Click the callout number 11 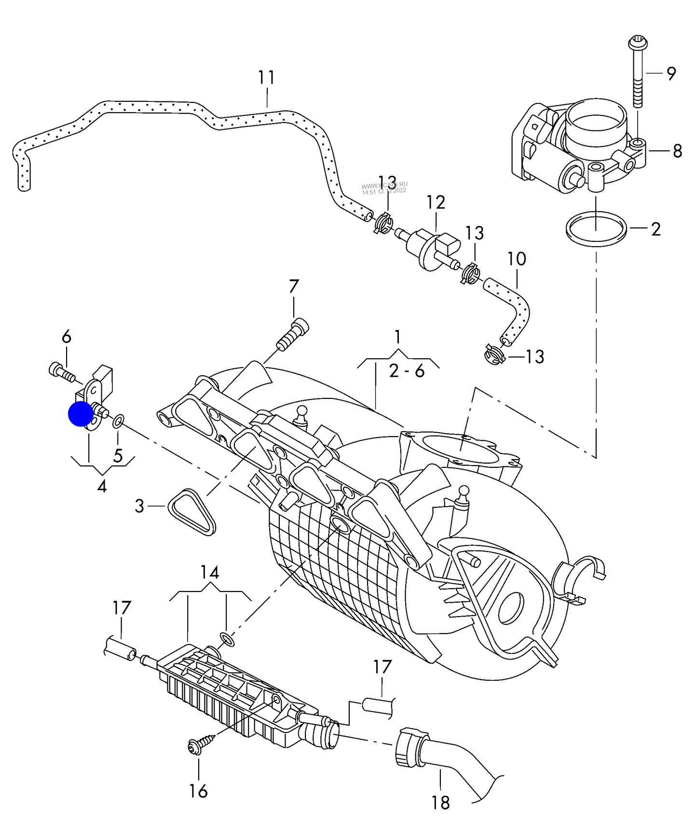266,78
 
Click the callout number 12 435,202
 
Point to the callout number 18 440,802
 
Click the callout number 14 210,573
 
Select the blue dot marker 81,414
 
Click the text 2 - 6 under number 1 407,371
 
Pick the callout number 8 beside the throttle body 677,151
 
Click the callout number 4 102,486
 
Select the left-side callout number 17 122,608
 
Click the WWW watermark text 384,185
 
